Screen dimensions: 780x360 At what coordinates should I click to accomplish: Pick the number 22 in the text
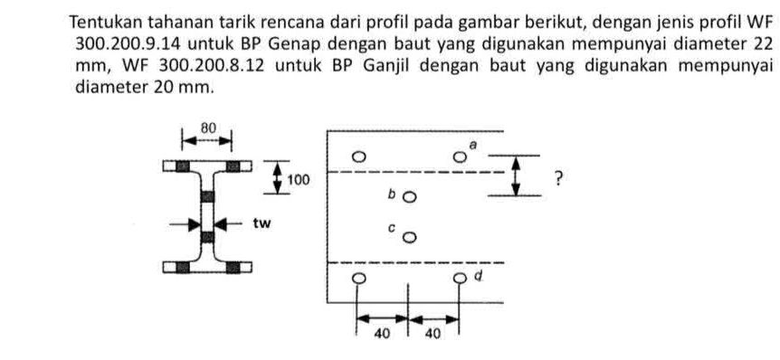tap(763, 43)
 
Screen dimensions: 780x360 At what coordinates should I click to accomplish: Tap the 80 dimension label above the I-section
tap(207, 128)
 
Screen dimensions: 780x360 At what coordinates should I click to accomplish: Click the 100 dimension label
tap(299, 180)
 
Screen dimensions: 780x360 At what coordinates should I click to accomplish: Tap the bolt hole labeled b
tap(410, 196)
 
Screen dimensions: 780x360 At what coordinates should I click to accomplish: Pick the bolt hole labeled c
tap(410, 238)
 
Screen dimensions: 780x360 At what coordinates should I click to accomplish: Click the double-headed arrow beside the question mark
tap(516, 176)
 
